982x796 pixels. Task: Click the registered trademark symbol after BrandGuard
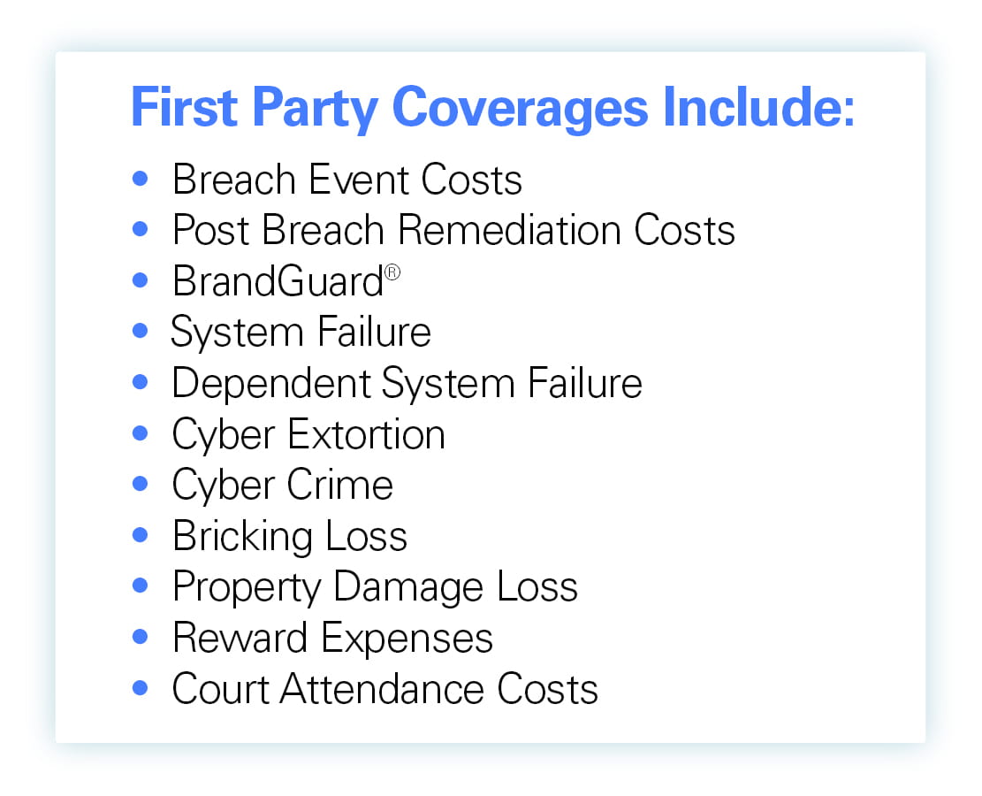click(392, 272)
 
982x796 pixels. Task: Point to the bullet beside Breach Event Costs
click(141, 179)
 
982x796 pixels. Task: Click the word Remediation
click(509, 230)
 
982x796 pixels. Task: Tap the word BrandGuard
click(278, 280)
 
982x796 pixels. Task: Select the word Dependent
click(271, 384)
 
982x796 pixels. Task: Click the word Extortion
click(366, 434)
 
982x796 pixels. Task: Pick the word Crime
click(340, 486)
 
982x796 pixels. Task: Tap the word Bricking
click(242, 537)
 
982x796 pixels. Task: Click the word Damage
click(408, 587)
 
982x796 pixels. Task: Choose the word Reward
click(240, 638)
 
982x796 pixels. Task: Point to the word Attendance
click(382, 689)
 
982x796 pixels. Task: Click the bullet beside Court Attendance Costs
click(141, 688)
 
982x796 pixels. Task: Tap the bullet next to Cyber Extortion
click(141, 433)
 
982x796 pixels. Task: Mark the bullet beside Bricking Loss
click(141, 535)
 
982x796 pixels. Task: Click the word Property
click(247, 588)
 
